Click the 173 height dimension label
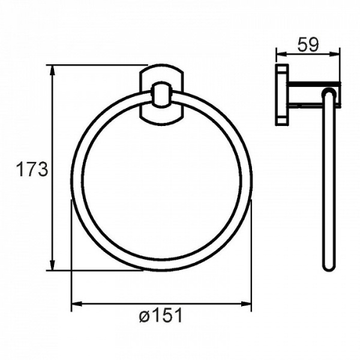click(x=32, y=169)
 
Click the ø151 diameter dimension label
click(x=161, y=315)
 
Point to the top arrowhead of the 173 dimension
click(x=53, y=70)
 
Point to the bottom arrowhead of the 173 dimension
click(x=53, y=265)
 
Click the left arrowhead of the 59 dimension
click(x=281, y=54)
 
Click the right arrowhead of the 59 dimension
click(x=335, y=54)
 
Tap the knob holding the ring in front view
click(x=161, y=95)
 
